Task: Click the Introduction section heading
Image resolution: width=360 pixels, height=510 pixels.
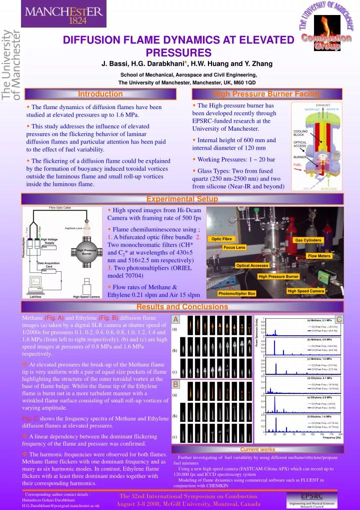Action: tap(100, 94)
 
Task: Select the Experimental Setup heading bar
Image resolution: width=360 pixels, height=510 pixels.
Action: tap(179, 199)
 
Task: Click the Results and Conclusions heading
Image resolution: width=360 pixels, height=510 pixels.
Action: tap(179, 307)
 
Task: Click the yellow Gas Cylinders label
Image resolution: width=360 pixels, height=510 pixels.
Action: tap(308, 240)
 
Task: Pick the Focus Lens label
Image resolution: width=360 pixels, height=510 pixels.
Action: tap(234, 247)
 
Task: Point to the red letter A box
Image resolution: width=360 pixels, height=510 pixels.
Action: tap(175, 319)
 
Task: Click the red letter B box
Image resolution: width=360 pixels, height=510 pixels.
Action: tap(175, 384)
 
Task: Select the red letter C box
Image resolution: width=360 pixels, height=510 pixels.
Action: tap(339, 319)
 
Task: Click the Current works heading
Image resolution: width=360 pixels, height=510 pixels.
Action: tap(257, 449)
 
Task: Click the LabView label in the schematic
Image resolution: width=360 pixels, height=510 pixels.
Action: tap(35, 296)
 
